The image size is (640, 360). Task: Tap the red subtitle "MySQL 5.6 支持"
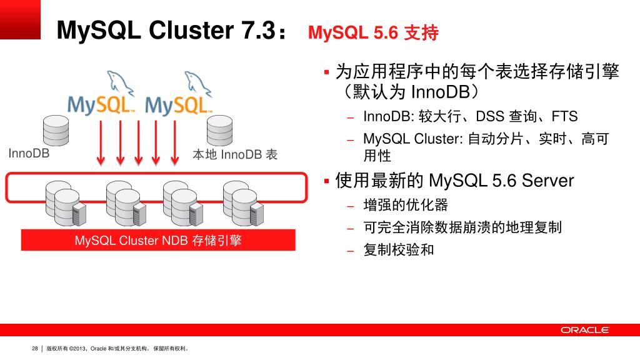point(373,32)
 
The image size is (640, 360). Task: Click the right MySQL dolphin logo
point(180,96)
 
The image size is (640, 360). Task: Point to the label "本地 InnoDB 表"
point(235,154)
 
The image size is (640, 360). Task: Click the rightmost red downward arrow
point(176,142)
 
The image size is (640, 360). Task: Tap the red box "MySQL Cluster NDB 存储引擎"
point(158,241)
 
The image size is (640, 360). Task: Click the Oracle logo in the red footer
point(584,330)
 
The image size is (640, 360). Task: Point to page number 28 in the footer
point(35,349)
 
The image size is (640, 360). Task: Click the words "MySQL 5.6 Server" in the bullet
point(501,181)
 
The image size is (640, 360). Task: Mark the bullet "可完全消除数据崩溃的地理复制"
point(462,227)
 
